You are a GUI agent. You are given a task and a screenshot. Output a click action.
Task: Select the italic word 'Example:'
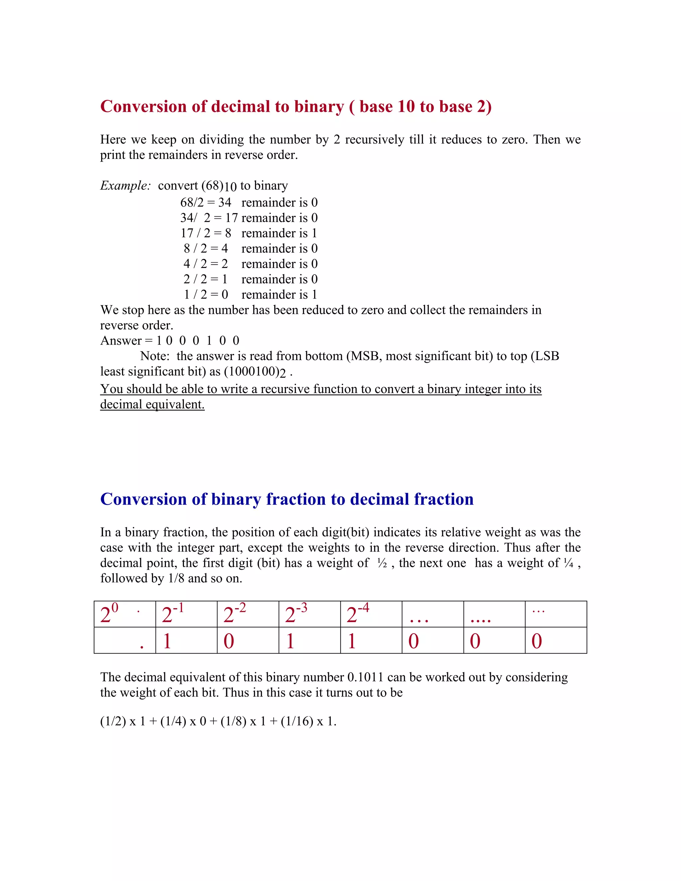point(125,186)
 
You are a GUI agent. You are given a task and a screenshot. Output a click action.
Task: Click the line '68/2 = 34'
point(206,202)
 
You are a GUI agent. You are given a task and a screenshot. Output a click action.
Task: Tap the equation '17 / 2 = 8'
point(206,233)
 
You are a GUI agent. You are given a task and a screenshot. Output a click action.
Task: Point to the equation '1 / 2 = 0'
point(206,295)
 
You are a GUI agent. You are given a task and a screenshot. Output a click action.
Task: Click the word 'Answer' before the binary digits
point(121,341)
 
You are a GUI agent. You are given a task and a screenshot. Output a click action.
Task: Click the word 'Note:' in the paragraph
point(155,356)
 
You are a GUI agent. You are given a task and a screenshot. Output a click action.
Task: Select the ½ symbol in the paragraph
point(382,564)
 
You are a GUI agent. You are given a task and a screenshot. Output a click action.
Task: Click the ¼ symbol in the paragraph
point(568,564)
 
